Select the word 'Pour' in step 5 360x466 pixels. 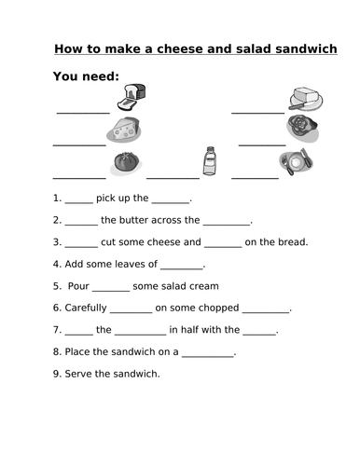[78, 286]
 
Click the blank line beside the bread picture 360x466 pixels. [83, 112]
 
